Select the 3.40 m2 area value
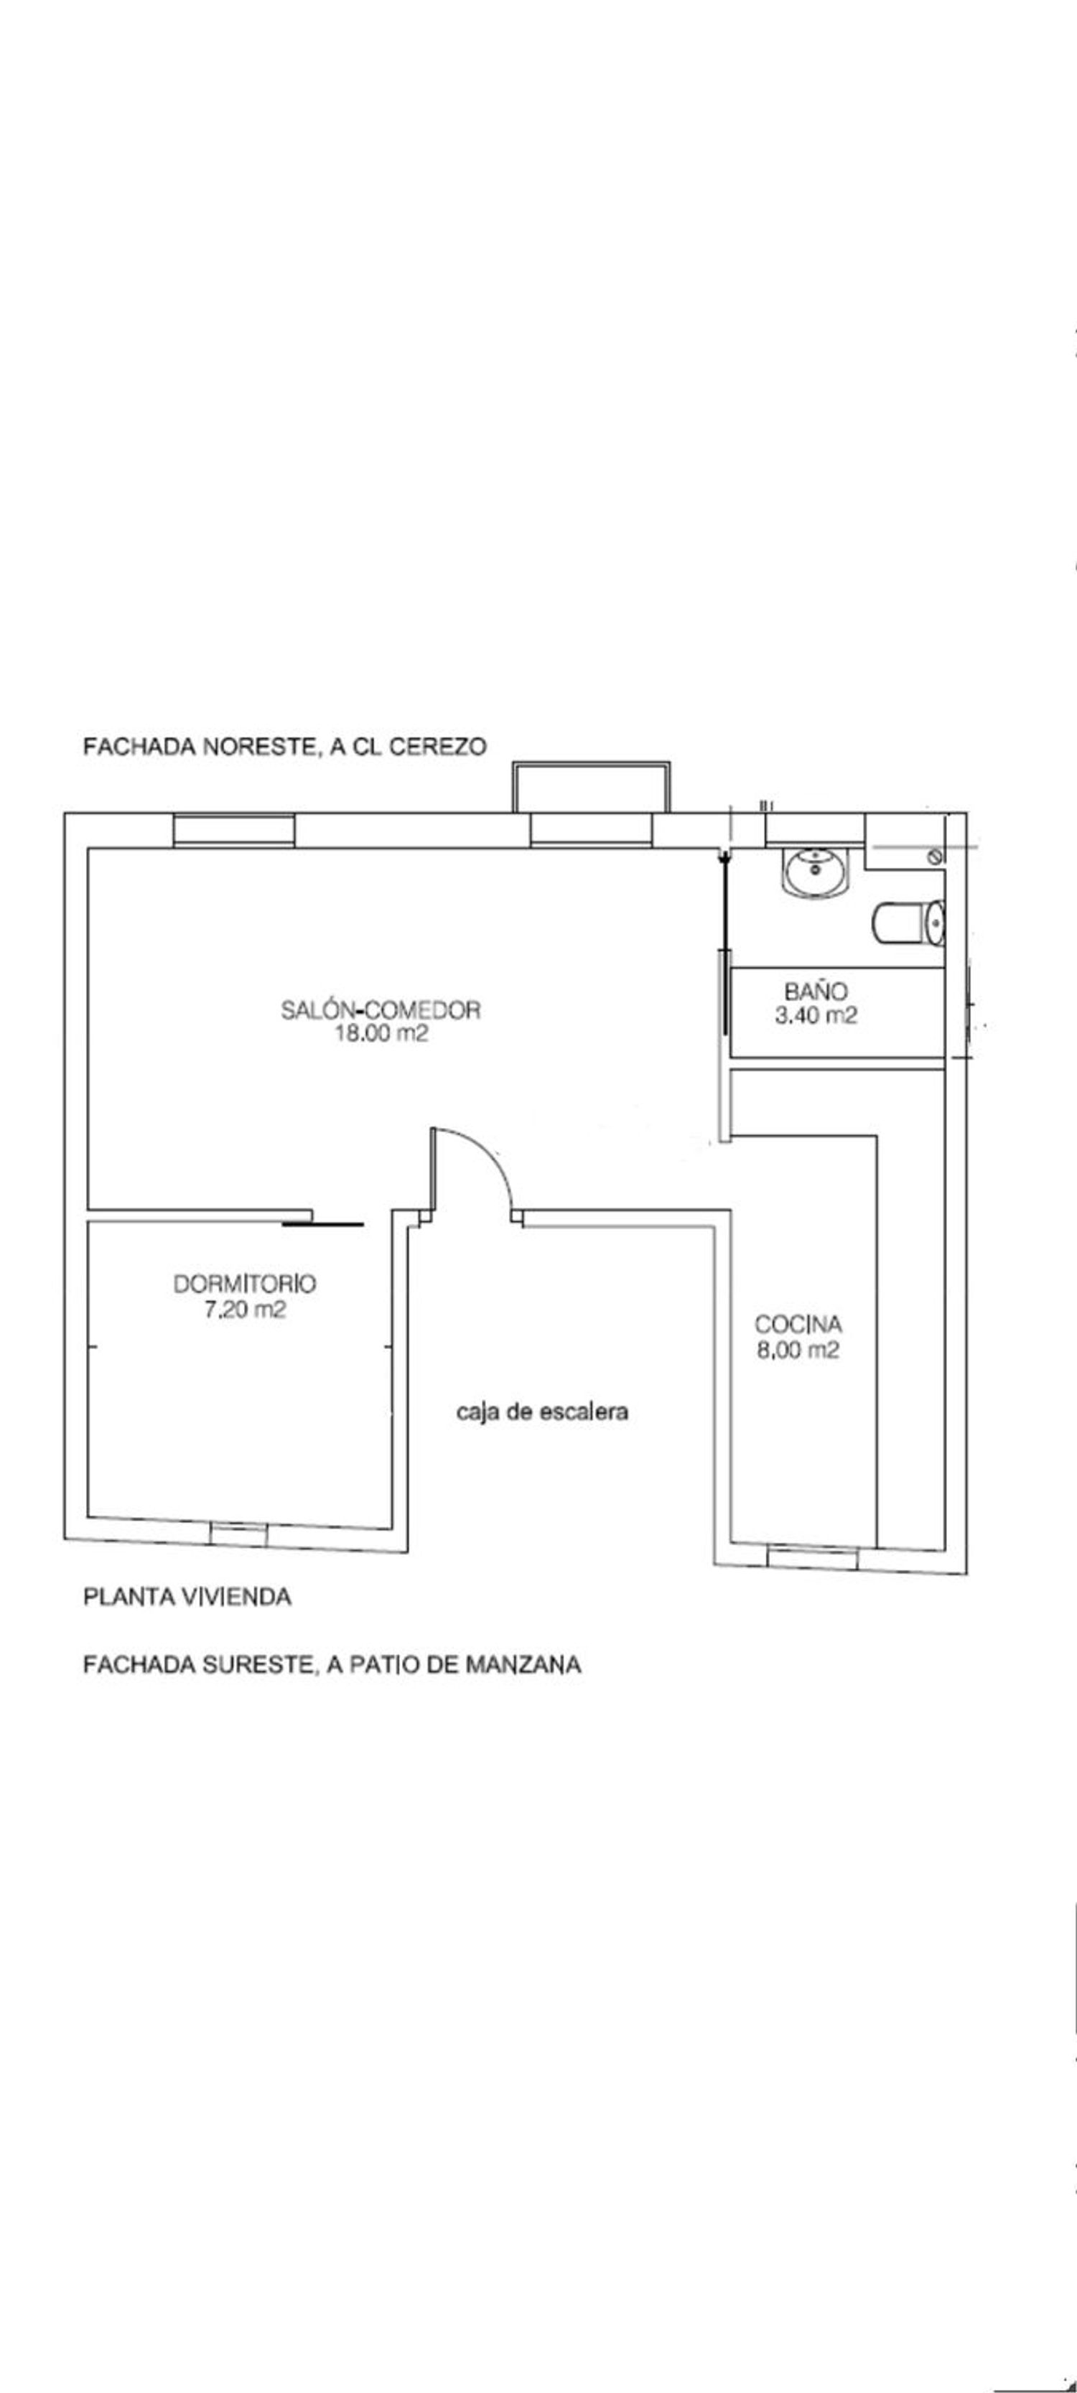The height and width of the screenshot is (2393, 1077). [x=816, y=1015]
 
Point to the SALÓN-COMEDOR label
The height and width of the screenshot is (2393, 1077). [x=381, y=1009]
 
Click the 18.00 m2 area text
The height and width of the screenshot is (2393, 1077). [x=381, y=1034]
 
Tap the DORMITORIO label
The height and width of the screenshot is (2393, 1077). [x=244, y=1284]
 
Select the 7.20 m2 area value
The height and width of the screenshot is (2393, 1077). [x=244, y=1310]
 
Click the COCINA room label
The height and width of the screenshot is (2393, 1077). [x=798, y=1325]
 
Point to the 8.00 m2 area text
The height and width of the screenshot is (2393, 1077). [x=798, y=1350]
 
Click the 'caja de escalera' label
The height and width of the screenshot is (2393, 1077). [x=543, y=1412]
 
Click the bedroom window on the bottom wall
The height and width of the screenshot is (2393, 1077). [x=239, y=1534]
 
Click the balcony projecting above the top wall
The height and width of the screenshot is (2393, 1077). [x=591, y=786]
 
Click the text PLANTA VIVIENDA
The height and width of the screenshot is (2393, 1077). [x=187, y=1597]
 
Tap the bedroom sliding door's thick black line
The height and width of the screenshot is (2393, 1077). [x=322, y=1226]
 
